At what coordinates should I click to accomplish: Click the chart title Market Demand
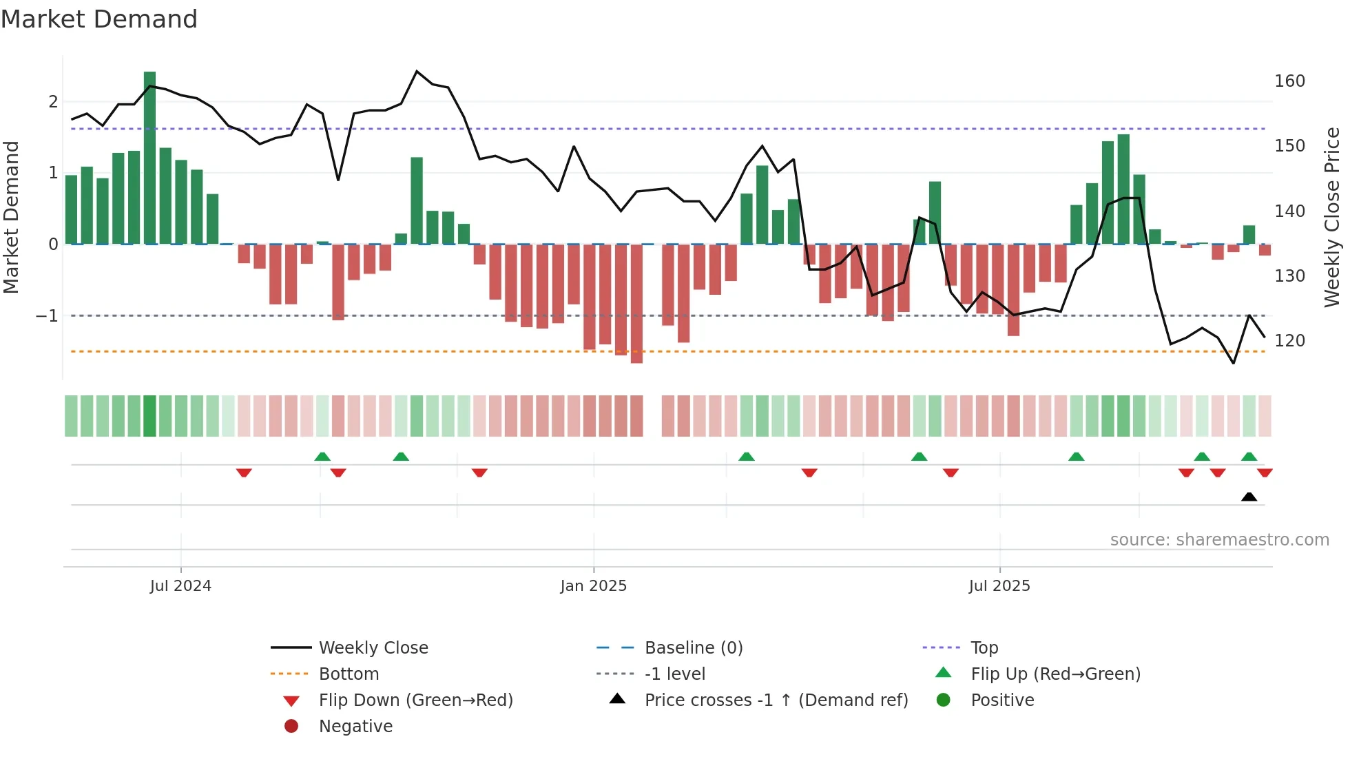99,19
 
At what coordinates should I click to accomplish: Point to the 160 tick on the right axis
1289,81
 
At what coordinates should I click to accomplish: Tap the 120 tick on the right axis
1289,341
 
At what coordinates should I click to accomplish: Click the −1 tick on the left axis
47,316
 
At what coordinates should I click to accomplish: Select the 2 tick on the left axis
53,102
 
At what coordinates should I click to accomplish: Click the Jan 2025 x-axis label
593,586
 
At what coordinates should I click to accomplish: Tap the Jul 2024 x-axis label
180,586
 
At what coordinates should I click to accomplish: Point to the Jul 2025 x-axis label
999,586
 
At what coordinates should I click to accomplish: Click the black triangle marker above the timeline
1249,497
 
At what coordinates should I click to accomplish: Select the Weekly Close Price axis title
1332,217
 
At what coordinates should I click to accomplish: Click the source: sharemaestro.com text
1219,540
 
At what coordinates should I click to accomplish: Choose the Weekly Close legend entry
373,648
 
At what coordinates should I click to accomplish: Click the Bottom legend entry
349,674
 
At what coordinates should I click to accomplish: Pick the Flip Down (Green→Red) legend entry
415,700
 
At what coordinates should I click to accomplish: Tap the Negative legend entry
355,727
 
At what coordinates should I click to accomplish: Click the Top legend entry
984,648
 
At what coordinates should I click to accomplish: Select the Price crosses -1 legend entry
776,700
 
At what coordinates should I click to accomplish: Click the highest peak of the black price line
417,71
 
